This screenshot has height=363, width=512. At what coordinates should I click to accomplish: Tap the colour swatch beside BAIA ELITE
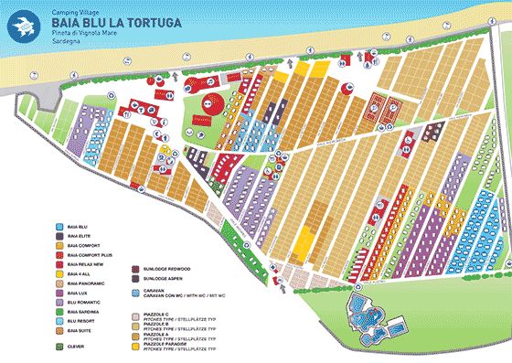tap(58, 235)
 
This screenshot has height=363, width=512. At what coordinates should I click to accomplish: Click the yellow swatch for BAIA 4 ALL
tap(58, 273)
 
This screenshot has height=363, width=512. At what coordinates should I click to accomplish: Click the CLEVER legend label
tap(76, 345)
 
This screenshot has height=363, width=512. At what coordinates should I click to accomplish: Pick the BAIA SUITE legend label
tap(79, 331)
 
